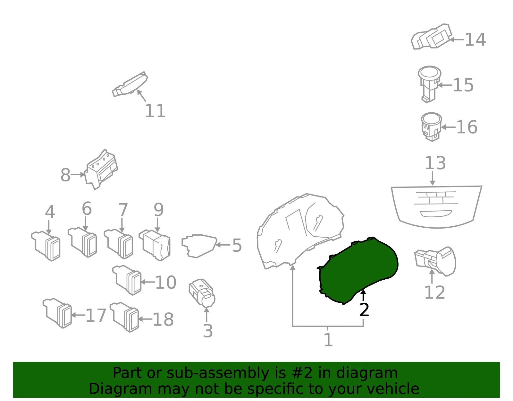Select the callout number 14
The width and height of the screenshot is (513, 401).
475,39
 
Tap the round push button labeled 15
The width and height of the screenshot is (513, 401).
429,84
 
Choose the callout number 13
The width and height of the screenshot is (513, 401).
435,163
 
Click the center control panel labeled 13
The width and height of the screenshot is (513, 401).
436,207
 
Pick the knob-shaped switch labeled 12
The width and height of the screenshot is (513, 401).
435,261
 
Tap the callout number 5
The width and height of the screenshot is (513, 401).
237,245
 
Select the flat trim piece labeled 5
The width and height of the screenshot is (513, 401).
199,246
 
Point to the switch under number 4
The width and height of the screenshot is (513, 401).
46,246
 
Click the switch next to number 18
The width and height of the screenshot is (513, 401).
124,317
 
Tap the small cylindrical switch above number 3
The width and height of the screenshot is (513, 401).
202,293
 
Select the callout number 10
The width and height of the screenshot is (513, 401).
166,282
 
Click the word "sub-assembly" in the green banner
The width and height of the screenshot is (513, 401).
218,373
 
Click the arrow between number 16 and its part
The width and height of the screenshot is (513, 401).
448,127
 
